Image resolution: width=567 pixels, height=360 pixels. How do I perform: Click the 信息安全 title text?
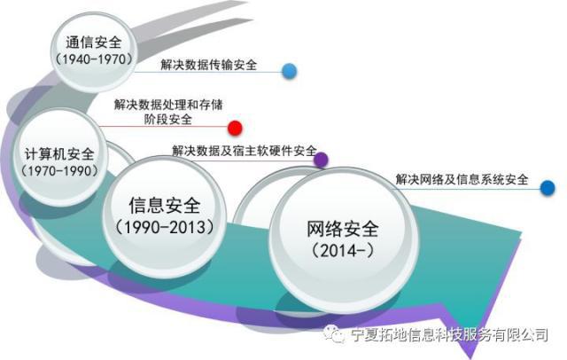(x=165, y=207)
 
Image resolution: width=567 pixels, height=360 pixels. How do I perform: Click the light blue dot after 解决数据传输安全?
(x=289, y=71)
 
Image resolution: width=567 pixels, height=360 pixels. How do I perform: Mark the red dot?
(x=235, y=128)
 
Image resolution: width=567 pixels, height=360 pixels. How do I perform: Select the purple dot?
(x=322, y=160)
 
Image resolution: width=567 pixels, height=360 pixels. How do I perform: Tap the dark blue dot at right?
(x=548, y=187)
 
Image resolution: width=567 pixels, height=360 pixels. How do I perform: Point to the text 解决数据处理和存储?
(x=171, y=104)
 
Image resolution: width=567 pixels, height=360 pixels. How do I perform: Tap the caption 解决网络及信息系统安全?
(x=462, y=180)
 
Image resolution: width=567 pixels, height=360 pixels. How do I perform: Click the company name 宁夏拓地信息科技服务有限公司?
(x=449, y=335)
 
